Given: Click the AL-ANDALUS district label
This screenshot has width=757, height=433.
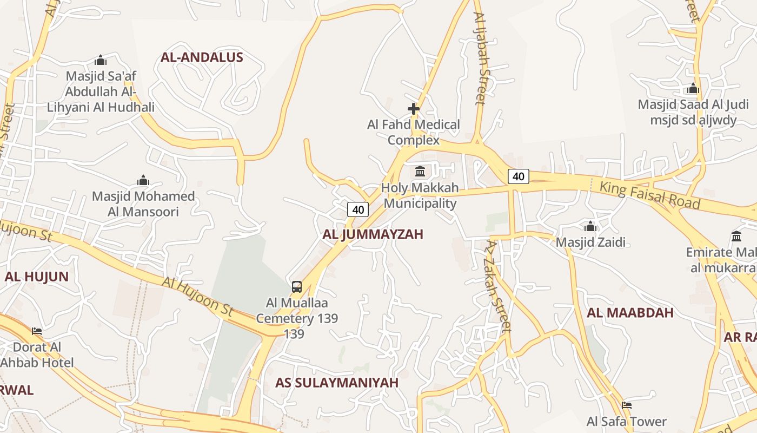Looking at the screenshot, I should pos(202,57).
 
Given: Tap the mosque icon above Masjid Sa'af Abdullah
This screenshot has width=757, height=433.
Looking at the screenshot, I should pos(100,60).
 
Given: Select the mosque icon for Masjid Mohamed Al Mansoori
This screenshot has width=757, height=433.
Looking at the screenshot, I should pos(143,180).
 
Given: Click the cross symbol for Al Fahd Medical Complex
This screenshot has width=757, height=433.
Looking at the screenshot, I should pos(414,109).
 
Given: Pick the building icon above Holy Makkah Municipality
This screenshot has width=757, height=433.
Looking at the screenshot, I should pos(420,172).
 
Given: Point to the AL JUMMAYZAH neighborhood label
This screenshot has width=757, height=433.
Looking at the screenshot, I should pos(373,234).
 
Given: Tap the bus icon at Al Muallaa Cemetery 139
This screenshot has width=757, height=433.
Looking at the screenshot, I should pos(297,287).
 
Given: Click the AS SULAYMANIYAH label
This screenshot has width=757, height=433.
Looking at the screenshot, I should pos(336,383).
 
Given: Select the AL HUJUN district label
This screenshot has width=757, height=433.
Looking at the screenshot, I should pos(37,277).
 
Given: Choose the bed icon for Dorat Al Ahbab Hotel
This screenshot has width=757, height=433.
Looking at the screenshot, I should pos(37,331).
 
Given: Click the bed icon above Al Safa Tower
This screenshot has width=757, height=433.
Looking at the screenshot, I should pos(626,405).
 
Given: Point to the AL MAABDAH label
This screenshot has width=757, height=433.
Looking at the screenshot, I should pos(630,313).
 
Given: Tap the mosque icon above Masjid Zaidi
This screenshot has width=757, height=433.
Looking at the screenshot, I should pos(590,226).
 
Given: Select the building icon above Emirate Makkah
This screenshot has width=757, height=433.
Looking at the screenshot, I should pos(736,236).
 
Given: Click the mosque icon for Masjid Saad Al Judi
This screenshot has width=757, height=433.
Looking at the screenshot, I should pos(693,88).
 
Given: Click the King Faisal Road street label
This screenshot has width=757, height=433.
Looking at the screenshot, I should pos(650,195).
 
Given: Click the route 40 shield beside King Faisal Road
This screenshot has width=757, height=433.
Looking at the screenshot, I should pos(518,176).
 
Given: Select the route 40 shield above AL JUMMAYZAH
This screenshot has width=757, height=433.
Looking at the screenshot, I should pos(357,209).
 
